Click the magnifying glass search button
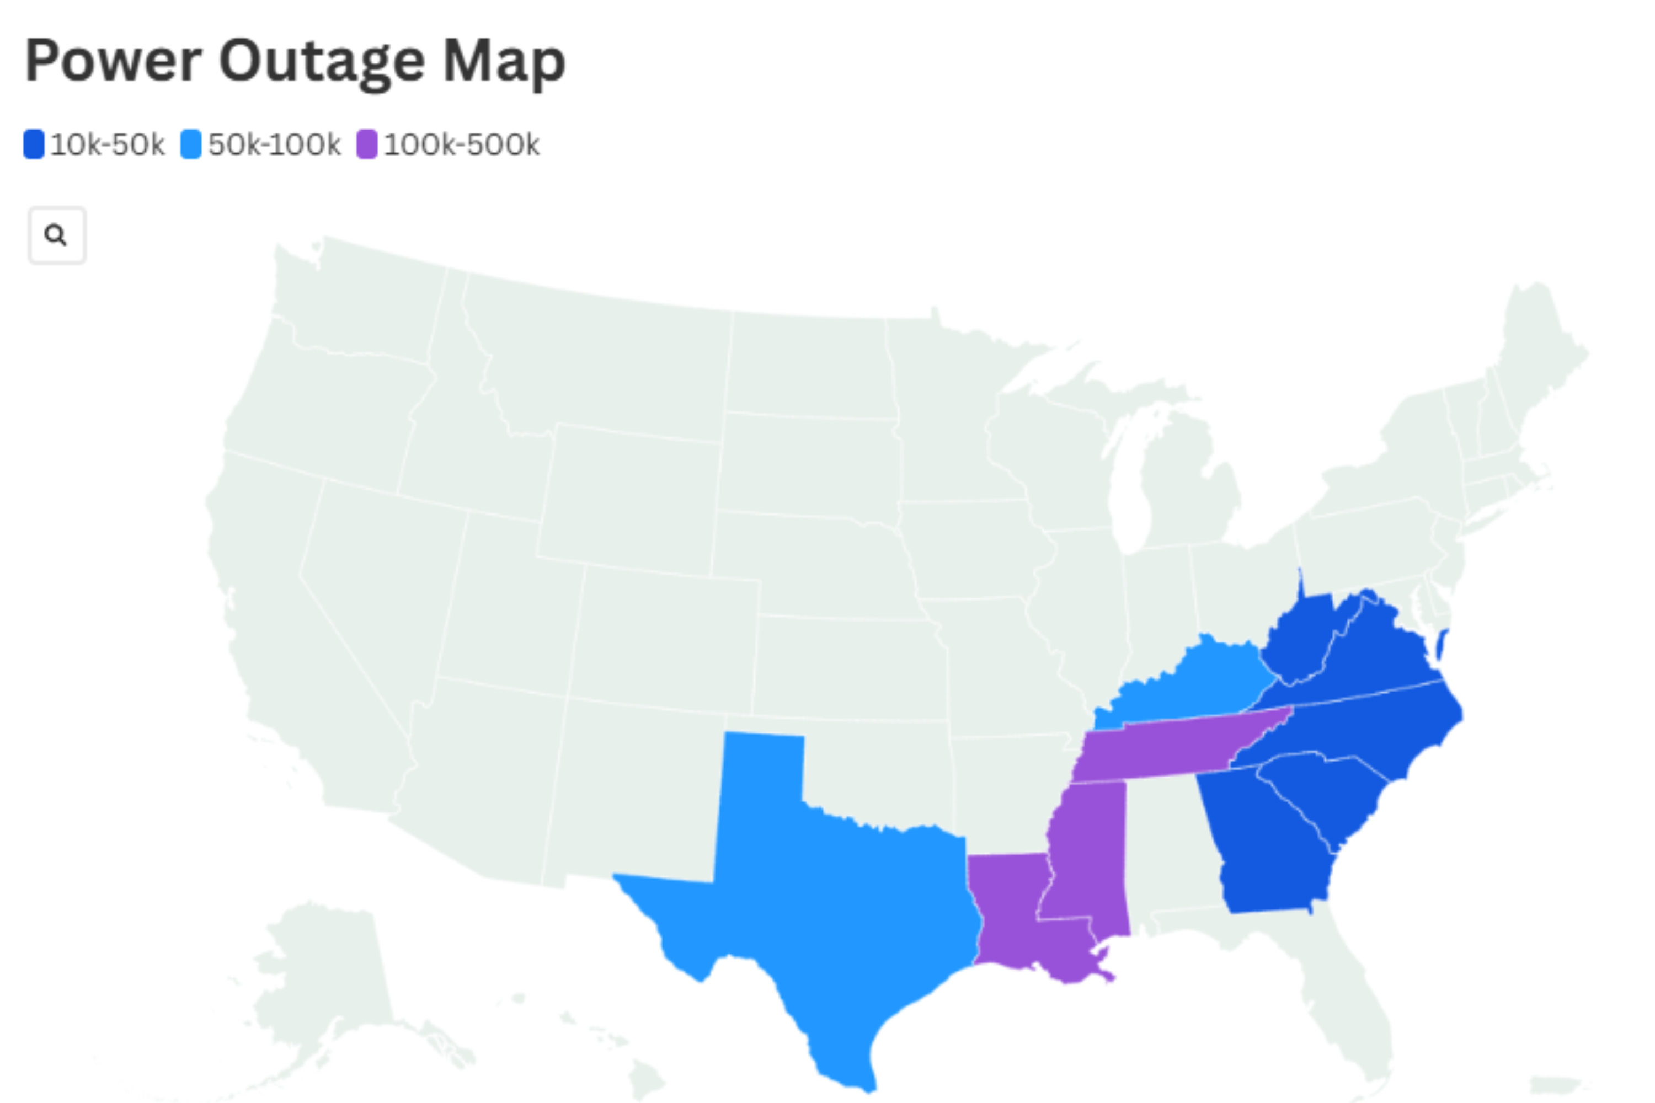[56, 235]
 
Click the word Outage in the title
[322, 62]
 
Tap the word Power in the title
[113, 62]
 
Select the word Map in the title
[504, 62]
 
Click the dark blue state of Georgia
[1267, 844]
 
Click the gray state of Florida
[1337, 985]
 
